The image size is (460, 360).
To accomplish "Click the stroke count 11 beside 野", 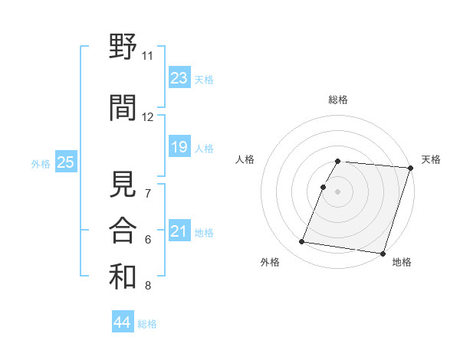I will click(x=148, y=56).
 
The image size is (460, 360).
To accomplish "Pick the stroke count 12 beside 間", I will click(x=148, y=117).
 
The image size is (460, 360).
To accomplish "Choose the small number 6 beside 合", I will click(x=148, y=240).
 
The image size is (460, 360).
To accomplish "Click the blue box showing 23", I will click(x=179, y=78).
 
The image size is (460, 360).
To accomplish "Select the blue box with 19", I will click(x=179, y=147).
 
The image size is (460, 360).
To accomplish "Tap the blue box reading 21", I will click(x=179, y=231).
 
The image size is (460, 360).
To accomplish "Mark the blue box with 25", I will click(x=65, y=162).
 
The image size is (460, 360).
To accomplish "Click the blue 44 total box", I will click(x=122, y=323).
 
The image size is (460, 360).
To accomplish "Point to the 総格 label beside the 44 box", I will click(x=148, y=324).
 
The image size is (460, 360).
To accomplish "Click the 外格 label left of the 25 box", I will click(x=41, y=163).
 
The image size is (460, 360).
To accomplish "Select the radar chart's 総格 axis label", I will click(x=338, y=100).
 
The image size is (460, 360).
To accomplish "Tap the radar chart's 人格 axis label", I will click(x=245, y=159).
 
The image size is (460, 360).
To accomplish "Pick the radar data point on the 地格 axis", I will click(x=383, y=253).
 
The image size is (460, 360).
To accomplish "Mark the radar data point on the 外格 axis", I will click(x=302, y=242).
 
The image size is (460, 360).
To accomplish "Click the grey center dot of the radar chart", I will click(x=338, y=191).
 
